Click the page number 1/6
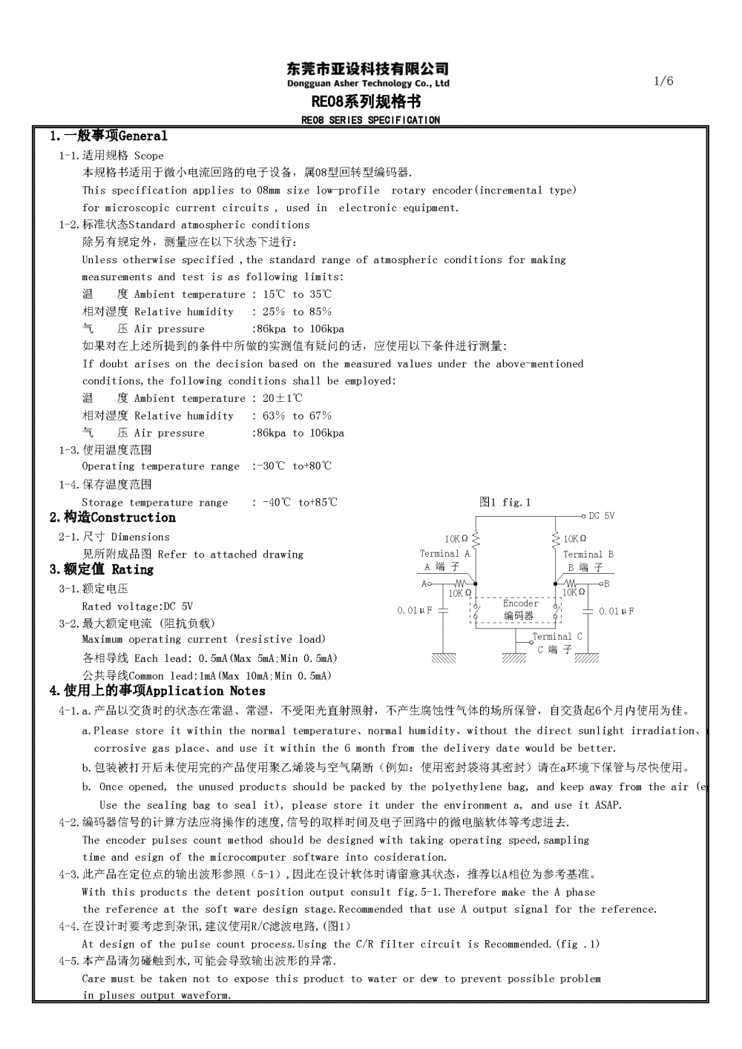tap(664, 82)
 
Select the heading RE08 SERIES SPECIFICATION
tap(370, 120)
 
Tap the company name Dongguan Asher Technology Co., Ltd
tap(368, 84)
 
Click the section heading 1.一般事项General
tap(108, 136)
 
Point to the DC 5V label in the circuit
tap(601, 516)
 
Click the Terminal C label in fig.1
tap(556, 636)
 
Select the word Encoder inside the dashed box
tap(520, 603)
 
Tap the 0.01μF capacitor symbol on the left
tap(443, 611)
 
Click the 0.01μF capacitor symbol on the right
tap(588, 611)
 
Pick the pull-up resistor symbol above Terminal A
tap(476, 539)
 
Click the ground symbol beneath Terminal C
tap(514, 657)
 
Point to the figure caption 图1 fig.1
tap(505, 503)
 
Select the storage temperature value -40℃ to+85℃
tap(300, 503)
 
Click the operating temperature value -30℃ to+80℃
tap(292, 466)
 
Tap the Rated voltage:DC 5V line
tap(137, 606)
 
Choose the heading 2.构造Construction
tap(113, 518)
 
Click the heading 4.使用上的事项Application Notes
tap(157, 691)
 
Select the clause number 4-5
tap(69, 961)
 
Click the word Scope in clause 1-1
tap(148, 156)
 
